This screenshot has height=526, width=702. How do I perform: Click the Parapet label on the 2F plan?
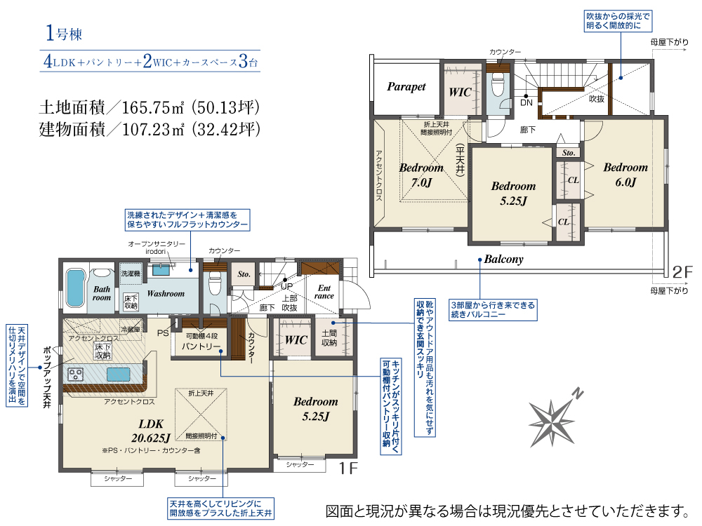[x=406, y=87]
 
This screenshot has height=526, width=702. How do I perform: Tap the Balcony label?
[x=503, y=259]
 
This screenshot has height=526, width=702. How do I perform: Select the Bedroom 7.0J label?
[x=421, y=175]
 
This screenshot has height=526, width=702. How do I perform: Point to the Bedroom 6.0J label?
[x=625, y=175]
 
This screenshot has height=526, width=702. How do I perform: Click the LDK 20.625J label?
[x=151, y=431]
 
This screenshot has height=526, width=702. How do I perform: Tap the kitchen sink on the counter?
[x=118, y=374]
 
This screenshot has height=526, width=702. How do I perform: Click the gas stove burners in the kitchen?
[x=75, y=374]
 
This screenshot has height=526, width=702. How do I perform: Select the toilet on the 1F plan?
[x=215, y=285]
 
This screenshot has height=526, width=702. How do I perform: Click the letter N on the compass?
[x=578, y=393]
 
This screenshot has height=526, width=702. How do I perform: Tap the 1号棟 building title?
[x=64, y=34]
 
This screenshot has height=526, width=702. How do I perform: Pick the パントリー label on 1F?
[x=201, y=346]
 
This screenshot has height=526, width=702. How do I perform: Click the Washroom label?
[x=166, y=294]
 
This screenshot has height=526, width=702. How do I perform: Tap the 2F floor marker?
[x=682, y=271]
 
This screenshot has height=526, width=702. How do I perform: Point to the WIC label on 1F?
[x=296, y=340]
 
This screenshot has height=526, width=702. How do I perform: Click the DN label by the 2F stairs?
[x=526, y=103]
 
